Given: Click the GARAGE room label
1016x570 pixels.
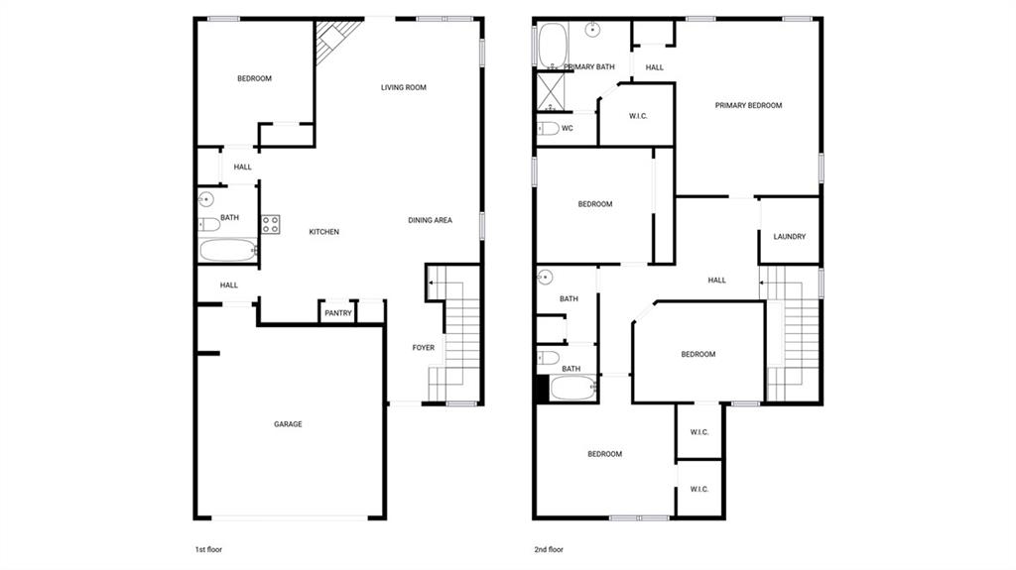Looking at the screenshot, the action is click(x=288, y=424).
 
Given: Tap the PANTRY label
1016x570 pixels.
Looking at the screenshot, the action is click(x=338, y=313).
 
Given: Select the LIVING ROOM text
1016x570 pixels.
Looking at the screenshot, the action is click(x=404, y=87).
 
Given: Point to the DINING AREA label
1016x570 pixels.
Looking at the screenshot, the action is click(x=431, y=220).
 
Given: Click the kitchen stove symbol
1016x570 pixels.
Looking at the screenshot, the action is click(x=271, y=225).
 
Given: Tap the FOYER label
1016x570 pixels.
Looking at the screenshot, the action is click(x=424, y=348).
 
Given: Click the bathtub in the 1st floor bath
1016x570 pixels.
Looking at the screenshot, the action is click(x=228, y=250).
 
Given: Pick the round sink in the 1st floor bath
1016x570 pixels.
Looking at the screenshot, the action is click(x=206, y=199).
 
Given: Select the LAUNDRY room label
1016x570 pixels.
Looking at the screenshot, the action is click(x=790, y=237).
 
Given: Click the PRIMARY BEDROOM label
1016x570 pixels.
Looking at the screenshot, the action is click(x=748, y=106).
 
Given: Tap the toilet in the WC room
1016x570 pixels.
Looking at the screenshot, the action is click(x=548, y=128).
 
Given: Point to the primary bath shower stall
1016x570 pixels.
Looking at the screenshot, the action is click(x=551, y=92).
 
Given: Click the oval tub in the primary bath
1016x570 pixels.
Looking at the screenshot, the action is click(x=553, y=45).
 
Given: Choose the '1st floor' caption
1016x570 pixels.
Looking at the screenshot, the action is click(x=208, y=550).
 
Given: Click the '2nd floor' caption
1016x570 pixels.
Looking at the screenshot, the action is click(x=549, y=550).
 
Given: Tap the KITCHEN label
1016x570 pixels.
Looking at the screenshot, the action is click(x=324, y=232).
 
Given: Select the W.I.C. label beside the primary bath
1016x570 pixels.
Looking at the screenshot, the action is click(x=638, y=117).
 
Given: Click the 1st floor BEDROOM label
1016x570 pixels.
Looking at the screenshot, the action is click(x=255, y=79).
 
